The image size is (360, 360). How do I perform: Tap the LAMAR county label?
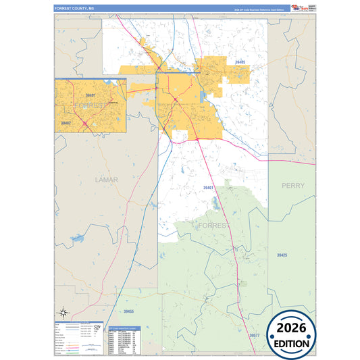106,180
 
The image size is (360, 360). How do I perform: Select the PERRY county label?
293,185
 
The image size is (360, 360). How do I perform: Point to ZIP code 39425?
282,255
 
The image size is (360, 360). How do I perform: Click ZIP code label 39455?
129,312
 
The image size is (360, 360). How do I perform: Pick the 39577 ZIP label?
253,336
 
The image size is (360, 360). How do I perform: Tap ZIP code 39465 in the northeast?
240,62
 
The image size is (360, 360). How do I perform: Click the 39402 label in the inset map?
66,124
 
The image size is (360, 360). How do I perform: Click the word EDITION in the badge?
292,343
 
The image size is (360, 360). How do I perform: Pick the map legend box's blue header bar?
78,322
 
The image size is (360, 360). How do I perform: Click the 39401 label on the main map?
207,188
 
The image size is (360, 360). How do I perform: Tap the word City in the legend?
97,327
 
